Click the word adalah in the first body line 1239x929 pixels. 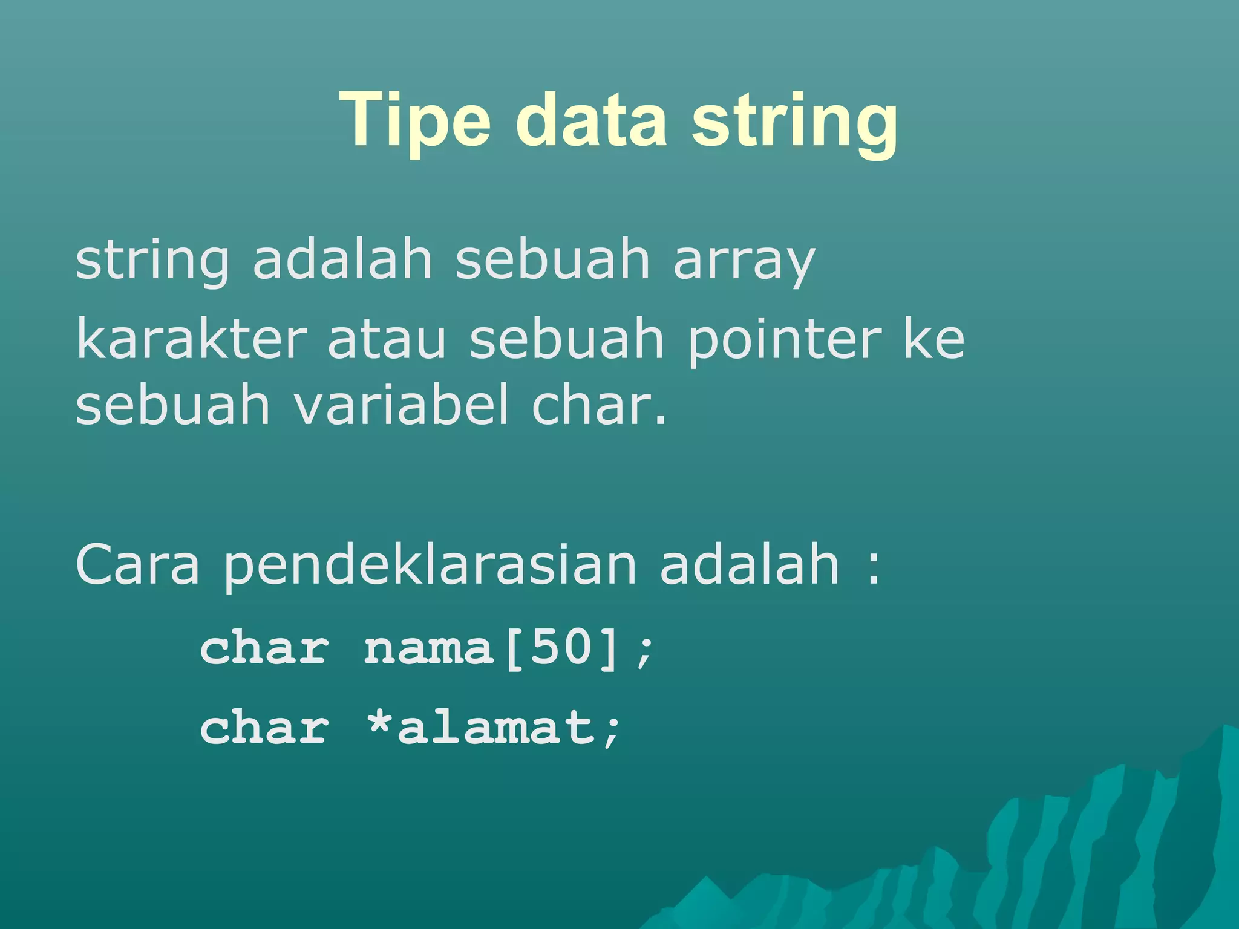point(342,260)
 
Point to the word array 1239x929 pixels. point(744,263)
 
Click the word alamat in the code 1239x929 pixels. point(495,727)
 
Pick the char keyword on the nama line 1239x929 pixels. point(264,649)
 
